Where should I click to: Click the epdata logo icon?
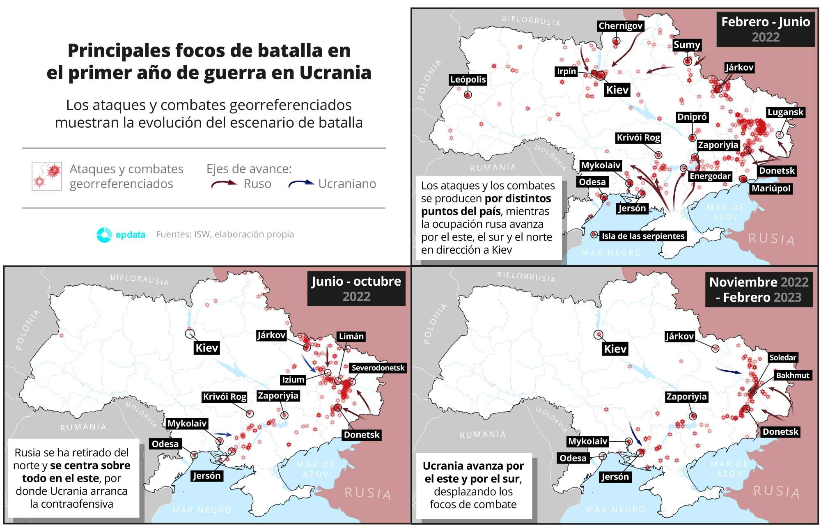pos(104,234)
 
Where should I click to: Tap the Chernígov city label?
pos(620,26)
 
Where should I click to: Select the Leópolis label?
pos(468,80)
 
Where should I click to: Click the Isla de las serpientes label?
pos(643,236)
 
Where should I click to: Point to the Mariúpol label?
pos(771,189)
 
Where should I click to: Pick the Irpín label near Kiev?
pos(566,71)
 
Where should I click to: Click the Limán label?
pos(351,337)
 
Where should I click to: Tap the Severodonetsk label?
pos(378,368)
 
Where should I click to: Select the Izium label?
pos(293,380)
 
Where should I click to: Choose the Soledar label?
pos(782,358)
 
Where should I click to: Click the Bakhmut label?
pos(792,375)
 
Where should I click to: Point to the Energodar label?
pos(710,176)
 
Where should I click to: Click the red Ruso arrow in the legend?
pos(225,184)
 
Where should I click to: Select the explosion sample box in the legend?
pos(47,176)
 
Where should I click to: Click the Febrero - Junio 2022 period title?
pos(766,29)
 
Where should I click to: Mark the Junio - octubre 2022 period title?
pos(356,289)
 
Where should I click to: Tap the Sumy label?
pos(687,45)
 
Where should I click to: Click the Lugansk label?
pos(785,112)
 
